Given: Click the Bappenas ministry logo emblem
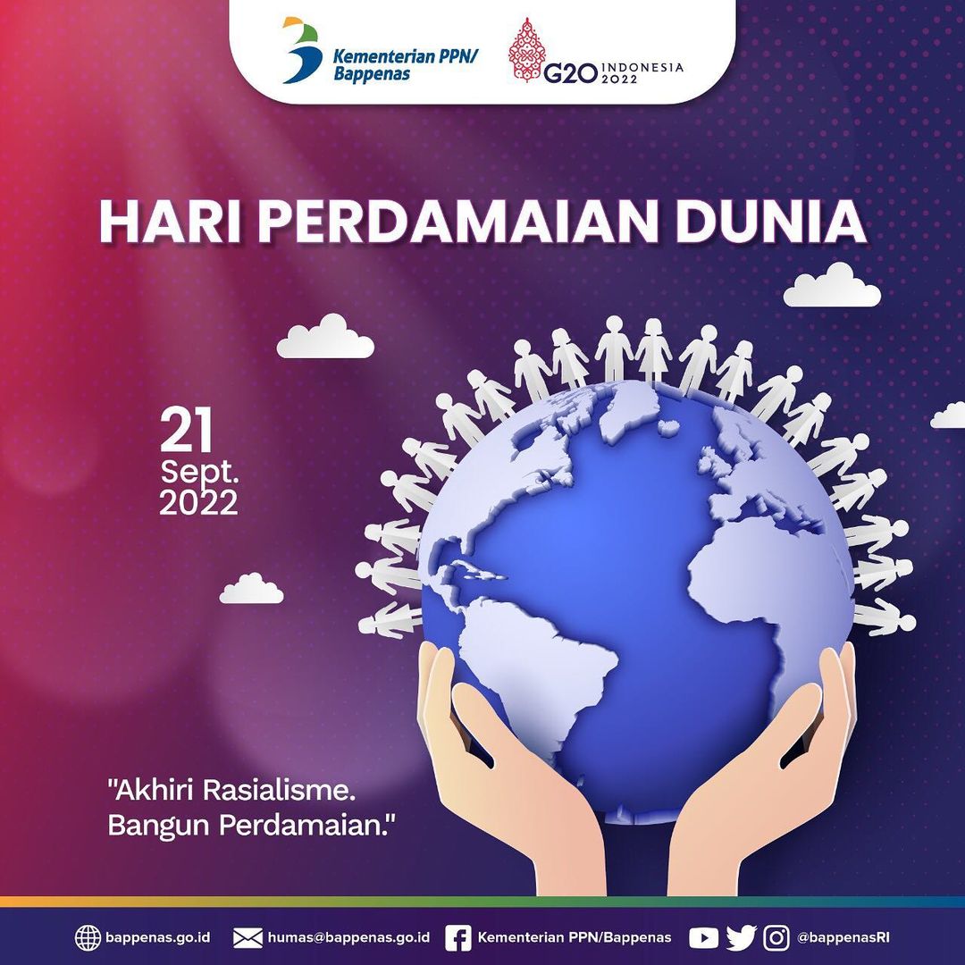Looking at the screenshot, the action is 302,50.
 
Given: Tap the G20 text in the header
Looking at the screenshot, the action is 570,73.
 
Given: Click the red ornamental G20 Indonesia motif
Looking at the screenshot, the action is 526,49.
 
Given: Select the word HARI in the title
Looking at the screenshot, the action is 169,222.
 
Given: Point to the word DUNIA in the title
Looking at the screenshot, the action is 770,222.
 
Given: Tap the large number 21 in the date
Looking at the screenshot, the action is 186,430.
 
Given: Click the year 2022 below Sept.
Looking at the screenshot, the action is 198,503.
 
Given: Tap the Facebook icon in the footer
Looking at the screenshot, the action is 457,938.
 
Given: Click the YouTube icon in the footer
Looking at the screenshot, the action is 703,938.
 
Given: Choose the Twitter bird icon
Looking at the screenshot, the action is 741,938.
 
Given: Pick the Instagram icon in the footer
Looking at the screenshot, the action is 776,938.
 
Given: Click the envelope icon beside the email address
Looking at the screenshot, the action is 248,938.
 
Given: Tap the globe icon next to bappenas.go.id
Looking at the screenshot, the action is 88,938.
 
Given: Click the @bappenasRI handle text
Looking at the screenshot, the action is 843,938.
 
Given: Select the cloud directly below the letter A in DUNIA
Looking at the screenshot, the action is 832,286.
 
